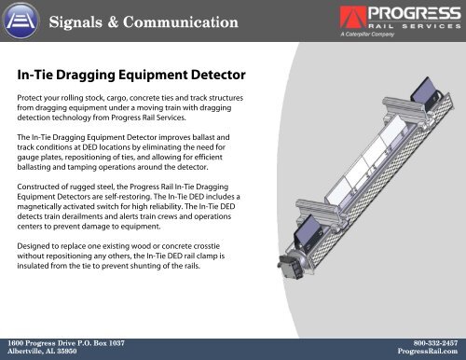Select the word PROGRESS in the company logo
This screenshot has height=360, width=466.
(402, 15)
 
